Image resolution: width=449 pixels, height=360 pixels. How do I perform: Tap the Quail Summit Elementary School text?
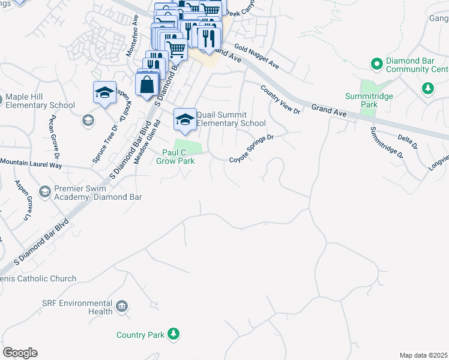click(231, 119)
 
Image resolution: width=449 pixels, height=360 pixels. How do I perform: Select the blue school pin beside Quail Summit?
click(185, 119)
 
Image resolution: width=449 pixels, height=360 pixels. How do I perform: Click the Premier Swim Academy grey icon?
click(44, 191)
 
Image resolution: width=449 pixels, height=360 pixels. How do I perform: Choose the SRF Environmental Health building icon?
click(122, 307)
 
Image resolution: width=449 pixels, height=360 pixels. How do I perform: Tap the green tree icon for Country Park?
click(173, 334)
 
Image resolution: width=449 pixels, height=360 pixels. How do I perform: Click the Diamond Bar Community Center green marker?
click(376, 63)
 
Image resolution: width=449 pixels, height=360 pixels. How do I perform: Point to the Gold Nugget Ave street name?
click(257, 56)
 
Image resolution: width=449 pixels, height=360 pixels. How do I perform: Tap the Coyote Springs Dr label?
click(252, 149)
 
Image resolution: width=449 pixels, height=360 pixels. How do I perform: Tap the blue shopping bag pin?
click(148, 85)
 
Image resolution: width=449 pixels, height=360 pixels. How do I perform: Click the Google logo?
click(20, 353)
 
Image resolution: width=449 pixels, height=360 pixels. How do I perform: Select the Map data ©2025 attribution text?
click(423, 355)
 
